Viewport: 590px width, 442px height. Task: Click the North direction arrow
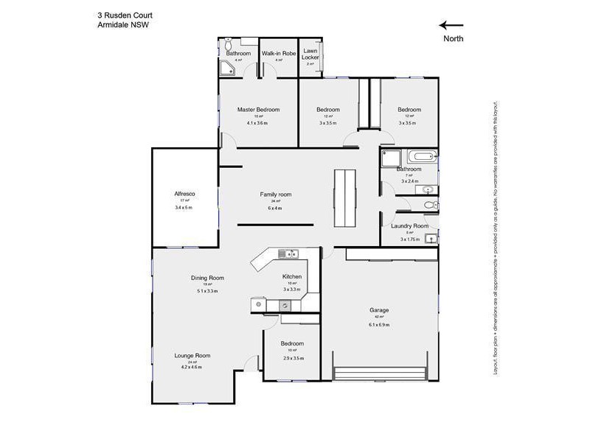tap(451, 24)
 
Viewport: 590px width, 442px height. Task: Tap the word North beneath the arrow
tap(453, 38)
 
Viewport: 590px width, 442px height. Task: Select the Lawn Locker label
tap(310, 54)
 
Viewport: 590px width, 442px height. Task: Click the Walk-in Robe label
tap(278, 53)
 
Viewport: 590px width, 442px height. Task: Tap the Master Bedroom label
tap(257, 110)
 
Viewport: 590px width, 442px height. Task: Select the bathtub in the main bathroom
tap(424, 156)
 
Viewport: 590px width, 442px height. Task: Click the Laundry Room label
tap(409, 226)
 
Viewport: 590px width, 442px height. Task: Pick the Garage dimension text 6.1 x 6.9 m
tap(379, 325)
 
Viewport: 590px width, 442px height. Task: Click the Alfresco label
tap(184, 194)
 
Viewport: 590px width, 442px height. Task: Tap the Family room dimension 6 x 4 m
tap(275, 208)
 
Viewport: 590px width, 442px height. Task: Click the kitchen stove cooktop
tap(286, 254)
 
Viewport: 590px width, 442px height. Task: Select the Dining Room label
tap(207, 278)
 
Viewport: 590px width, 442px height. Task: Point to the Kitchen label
tap(292, 276)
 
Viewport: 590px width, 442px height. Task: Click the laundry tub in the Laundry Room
tap(431, 237)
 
